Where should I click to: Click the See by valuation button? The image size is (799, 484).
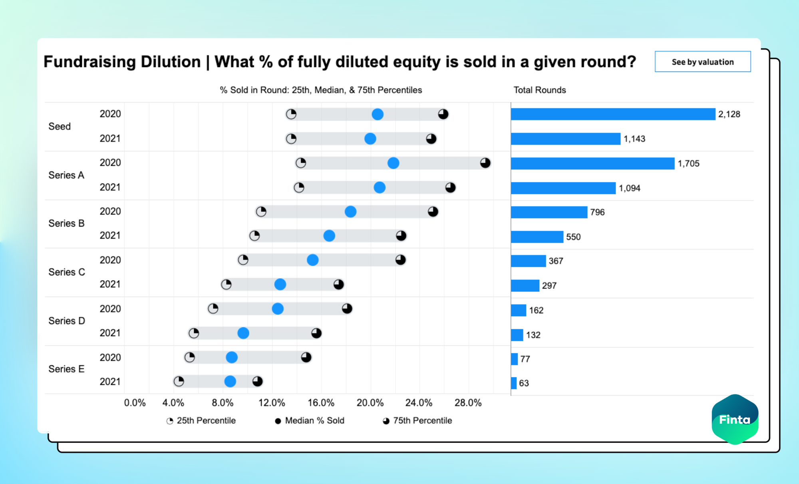coord(702,62)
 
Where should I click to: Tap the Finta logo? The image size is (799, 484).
coord(735,419)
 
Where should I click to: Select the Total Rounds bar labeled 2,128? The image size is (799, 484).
coord(613,114)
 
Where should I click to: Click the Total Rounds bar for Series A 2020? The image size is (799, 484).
coord(592,163)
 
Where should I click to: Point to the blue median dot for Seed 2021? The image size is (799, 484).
coord(370,139)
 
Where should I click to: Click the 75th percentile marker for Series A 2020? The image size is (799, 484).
coord(485,163)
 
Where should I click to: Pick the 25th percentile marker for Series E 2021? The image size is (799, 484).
coord(179,381)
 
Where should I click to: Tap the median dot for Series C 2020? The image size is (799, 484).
coord(313,260)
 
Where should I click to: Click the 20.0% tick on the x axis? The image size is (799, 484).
coord(370,402)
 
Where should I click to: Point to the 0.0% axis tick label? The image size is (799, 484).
coord(135,402)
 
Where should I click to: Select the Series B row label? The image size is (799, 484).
coord(66,223)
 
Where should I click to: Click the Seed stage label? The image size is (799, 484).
coord(60,126)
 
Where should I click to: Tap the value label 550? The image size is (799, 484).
coord(573,237)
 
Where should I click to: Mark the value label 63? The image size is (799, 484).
coord(524,383)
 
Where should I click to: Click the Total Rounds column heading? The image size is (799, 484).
coord(539,90)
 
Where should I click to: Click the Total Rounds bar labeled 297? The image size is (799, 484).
coord(525,286)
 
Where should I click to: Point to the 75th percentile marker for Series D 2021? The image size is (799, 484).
coord(316,333)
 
